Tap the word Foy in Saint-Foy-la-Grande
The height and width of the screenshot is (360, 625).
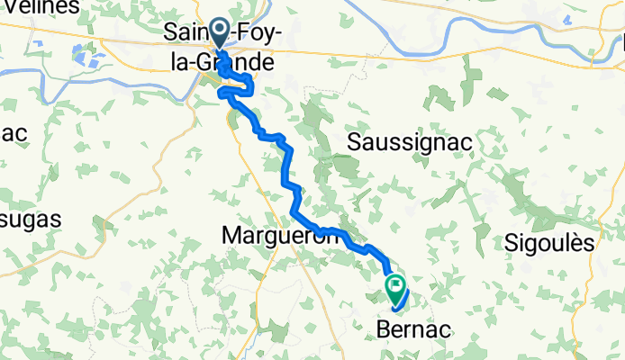(x=252, y=34)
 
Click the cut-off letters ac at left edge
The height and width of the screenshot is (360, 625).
(x=13, y=132)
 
